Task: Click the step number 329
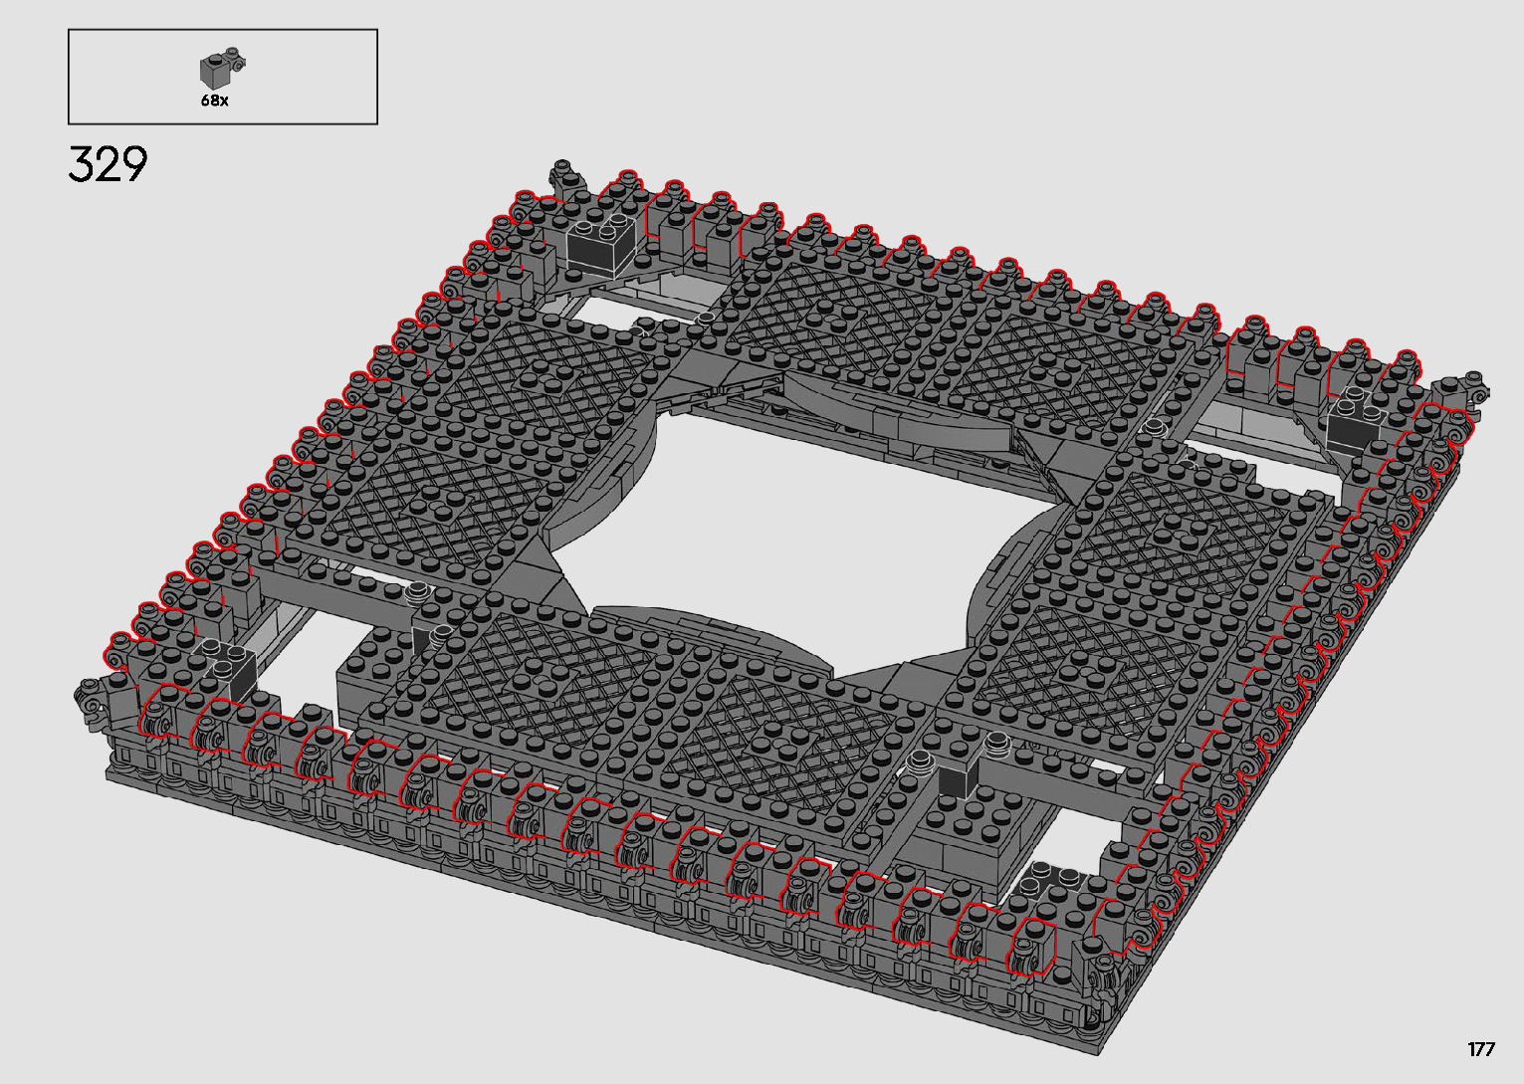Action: point(108,164)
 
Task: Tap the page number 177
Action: point(1481,1048)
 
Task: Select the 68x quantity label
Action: point(214,100)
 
